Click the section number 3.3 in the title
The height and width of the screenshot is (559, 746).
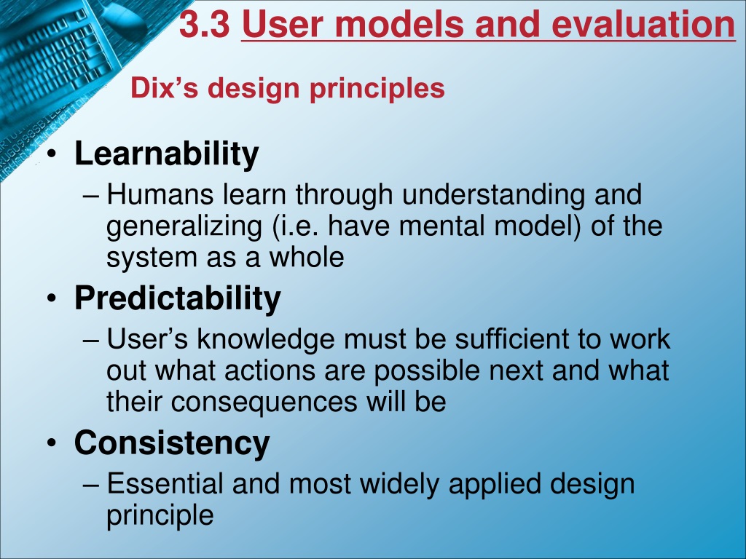coord(204,25)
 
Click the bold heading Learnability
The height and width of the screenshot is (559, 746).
coord(167,154)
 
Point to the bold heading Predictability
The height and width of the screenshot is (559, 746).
coord(178,298)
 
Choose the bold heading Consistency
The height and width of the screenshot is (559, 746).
coord(172,443)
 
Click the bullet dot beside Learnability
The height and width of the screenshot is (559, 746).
coord(52,155)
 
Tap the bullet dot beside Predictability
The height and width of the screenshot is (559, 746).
coord(52,299)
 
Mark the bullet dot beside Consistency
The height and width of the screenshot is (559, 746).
coord(52,444)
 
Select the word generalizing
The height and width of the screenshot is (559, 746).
coord(184,227)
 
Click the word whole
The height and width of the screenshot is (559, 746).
coord(307,257)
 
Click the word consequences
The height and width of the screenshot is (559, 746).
coord(264,402)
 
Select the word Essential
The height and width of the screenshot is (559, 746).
coord(165,483)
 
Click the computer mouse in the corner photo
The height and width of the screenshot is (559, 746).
coord(125,18)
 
